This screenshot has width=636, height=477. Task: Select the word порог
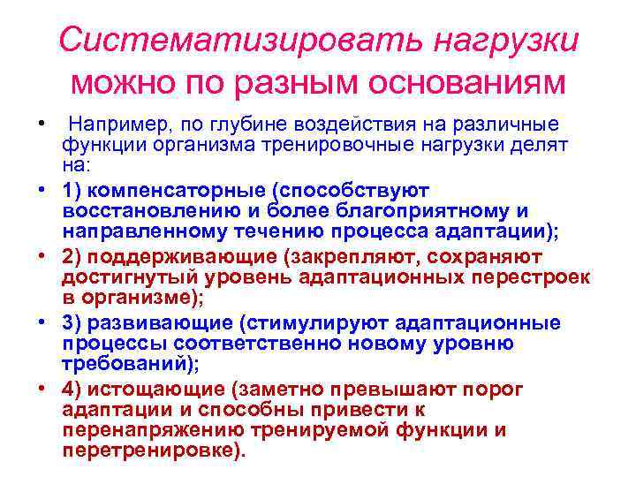499,390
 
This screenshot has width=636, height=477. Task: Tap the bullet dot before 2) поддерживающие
42,257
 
